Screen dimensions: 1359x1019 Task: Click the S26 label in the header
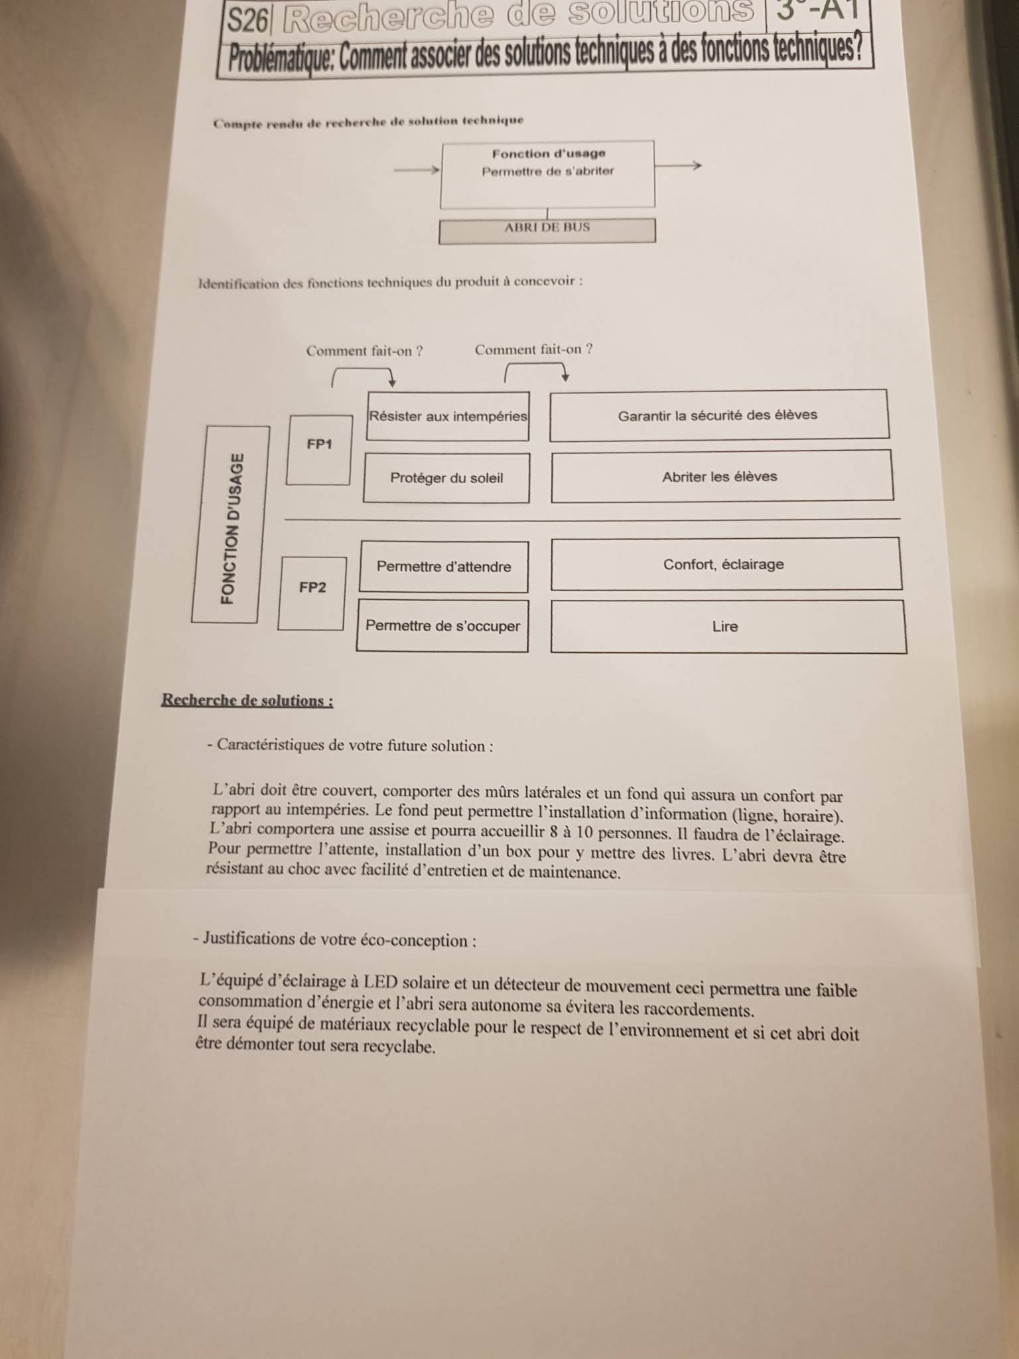pos(247,20)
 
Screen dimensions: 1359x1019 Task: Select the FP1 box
pos(319,449)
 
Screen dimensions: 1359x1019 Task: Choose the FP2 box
pos(312,593)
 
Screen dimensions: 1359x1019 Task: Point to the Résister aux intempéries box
pos(448,416)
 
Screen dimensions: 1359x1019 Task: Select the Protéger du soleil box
pos(446,478)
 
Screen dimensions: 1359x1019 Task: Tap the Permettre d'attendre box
pos(444,567)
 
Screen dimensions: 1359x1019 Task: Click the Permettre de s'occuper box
pos(442,626)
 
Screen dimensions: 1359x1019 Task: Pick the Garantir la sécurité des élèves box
pos(718,415)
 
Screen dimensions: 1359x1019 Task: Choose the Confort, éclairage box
pos(724,564)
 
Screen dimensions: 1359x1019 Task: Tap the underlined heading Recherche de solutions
pos(247,700)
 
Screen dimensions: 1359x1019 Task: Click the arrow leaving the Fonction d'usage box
pos(678,165)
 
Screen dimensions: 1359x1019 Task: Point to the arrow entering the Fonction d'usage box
pos(417,170)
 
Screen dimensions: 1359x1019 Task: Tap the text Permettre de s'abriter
pos(548,171)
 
